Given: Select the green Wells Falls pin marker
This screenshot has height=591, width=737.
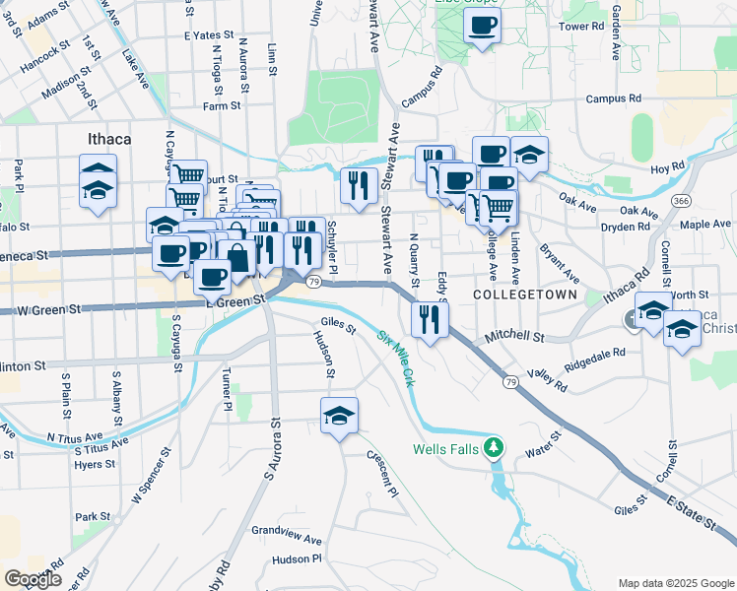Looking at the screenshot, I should point(497,449).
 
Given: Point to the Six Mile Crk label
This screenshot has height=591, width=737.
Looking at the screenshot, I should point(397,355).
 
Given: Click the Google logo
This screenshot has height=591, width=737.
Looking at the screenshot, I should point(33,578).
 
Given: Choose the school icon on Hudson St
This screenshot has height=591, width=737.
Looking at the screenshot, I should point(339,416).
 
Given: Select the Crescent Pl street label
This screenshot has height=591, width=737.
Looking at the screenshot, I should point(382,474).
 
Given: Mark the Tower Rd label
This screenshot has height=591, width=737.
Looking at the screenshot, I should point(580,27).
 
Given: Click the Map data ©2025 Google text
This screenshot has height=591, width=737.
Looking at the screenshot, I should point(674,582).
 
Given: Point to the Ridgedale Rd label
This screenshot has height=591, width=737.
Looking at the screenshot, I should point(595,361).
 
